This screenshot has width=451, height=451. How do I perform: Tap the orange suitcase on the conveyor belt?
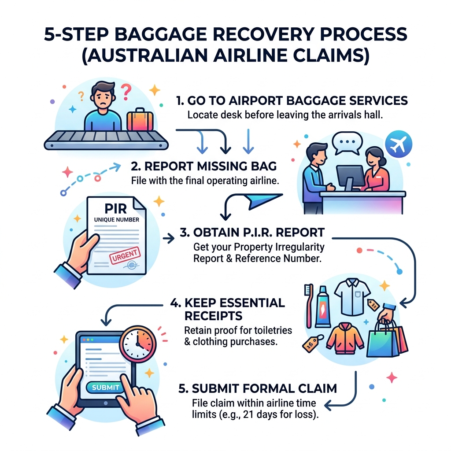click(x=139, y=121)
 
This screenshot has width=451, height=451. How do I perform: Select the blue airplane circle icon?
click(x=398, y=144)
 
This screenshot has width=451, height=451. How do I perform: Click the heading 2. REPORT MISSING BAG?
click(x=204, y=166)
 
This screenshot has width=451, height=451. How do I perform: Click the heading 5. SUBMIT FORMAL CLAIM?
click(x=258, y=388)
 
